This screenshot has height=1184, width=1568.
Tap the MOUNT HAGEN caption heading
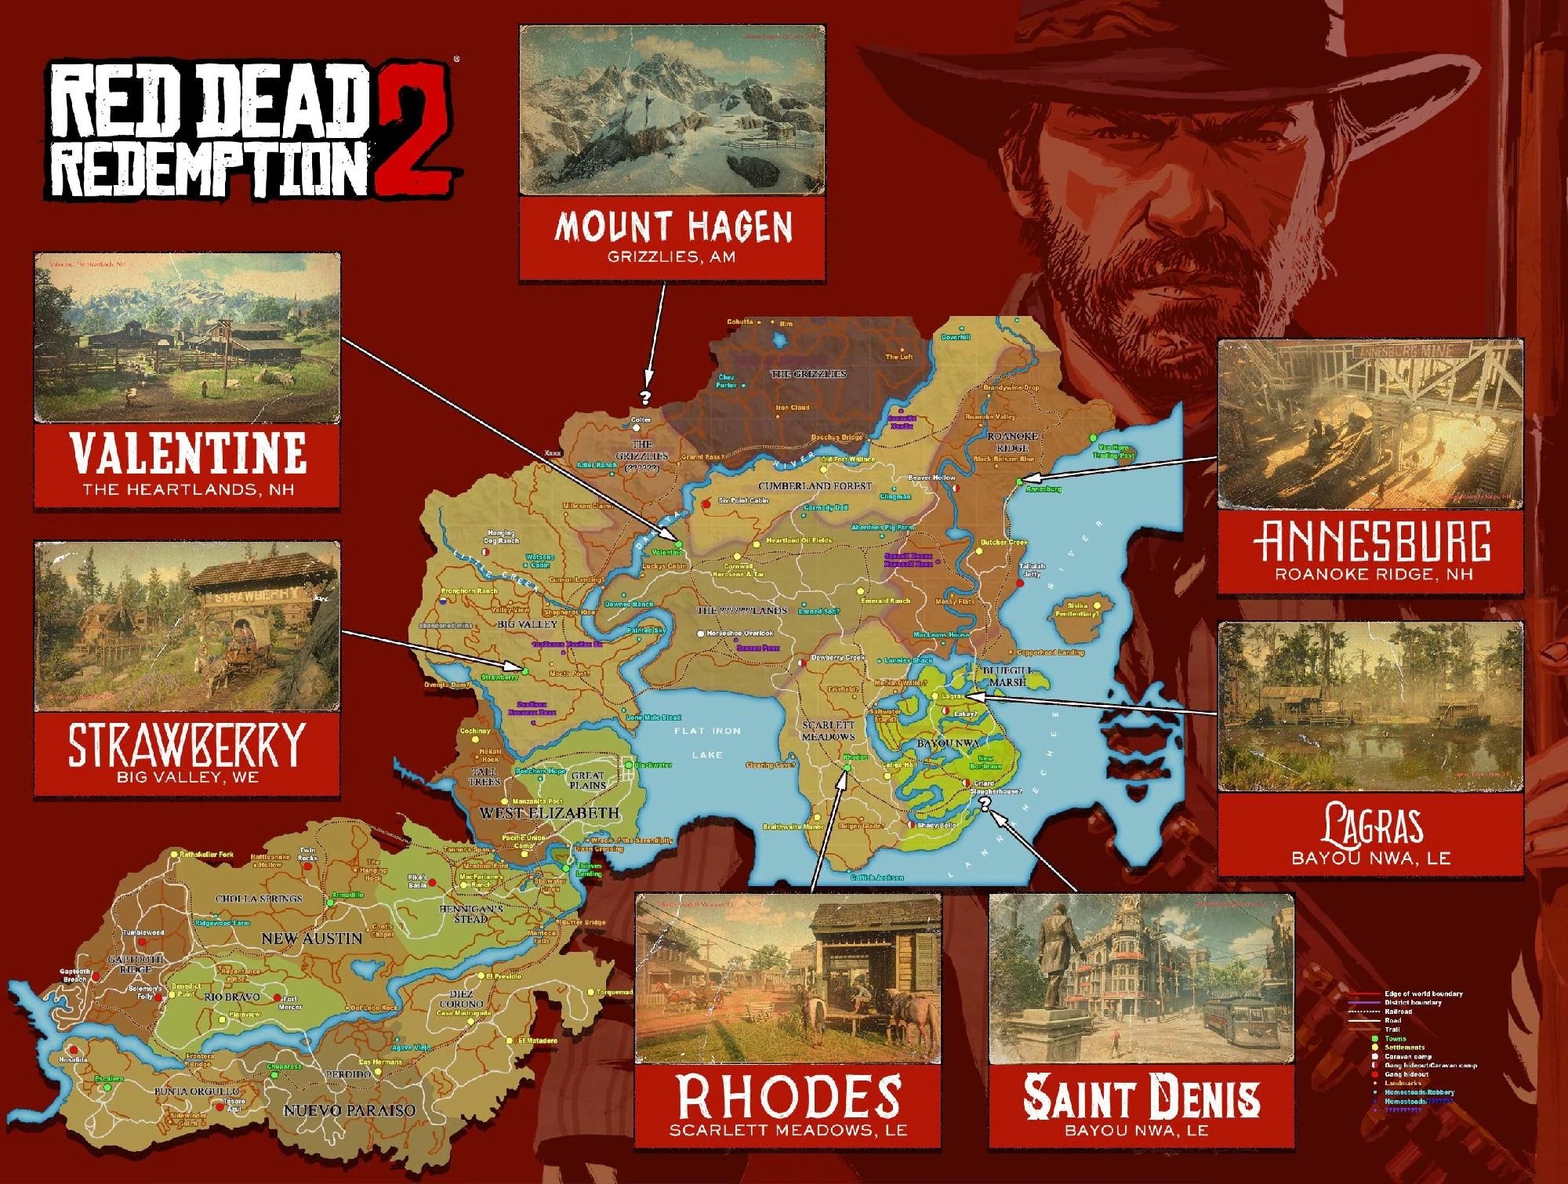pyautogui.click(x=673, y=227)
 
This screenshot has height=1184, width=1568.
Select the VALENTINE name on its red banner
pyautogui.click(x=187, y=453)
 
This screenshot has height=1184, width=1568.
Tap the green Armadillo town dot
pyautogui.click(x=330, y=903)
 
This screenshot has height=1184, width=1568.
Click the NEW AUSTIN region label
pyautogui.click(x=311, y=938)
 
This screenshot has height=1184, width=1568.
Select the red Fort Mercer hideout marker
pyautogui.click(x=277, y=998)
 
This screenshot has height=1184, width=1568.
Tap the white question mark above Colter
pyautogui.click(x=646, y=398)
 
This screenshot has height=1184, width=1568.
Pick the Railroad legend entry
pyautogui.click(x=1397, y=1011)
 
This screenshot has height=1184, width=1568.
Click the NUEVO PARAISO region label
pyautogui.click(x=349, y=1110)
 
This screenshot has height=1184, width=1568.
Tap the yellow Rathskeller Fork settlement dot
pyautogui.click(x=176, y=854)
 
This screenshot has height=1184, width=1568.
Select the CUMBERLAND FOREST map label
pyautogui.click(x=815, y=486)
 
